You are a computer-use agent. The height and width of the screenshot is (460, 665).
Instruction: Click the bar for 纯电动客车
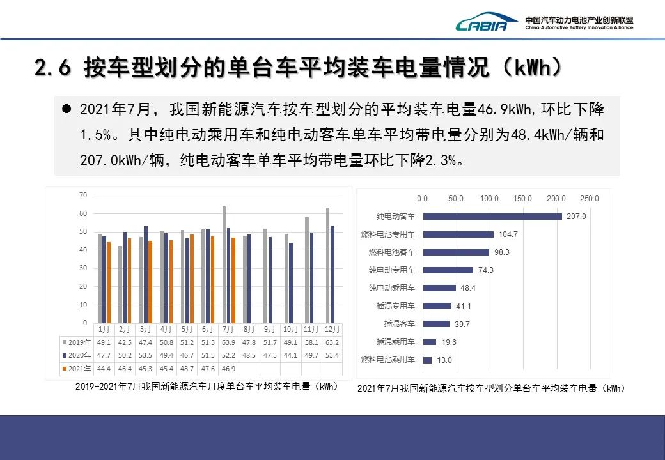click(x=492, y=217)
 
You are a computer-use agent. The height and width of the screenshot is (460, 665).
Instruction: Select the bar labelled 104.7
click(x=458, y=234)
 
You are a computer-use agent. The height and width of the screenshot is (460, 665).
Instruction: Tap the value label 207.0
click(x=576, y=217)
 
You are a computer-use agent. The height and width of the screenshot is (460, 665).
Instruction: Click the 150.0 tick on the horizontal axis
click(x=522, y=199)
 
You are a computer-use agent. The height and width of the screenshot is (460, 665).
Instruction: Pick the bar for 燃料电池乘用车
click(x=427, y=360)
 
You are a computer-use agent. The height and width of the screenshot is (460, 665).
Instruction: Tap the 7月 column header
click(x=228, y=329)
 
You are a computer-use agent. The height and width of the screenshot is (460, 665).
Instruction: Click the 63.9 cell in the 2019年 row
click(x=228, y=342)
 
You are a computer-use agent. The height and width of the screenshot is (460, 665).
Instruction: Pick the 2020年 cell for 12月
click(x=332, y=355)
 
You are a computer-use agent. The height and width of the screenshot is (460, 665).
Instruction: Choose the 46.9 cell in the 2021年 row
click(x=228, y=369)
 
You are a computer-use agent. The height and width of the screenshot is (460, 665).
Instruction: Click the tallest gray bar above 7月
click(x=224, y=264)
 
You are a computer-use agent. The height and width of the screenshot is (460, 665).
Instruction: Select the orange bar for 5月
click(x=191, y=279)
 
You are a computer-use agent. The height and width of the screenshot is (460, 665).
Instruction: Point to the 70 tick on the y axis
click(x=83, y=194)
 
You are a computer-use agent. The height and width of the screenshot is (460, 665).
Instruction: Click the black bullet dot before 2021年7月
click(x=66, y=109)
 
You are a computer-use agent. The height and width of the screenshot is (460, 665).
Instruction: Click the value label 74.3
click(x=486, y=270)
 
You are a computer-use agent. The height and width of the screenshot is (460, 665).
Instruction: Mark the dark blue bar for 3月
click(x=146, y=274)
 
